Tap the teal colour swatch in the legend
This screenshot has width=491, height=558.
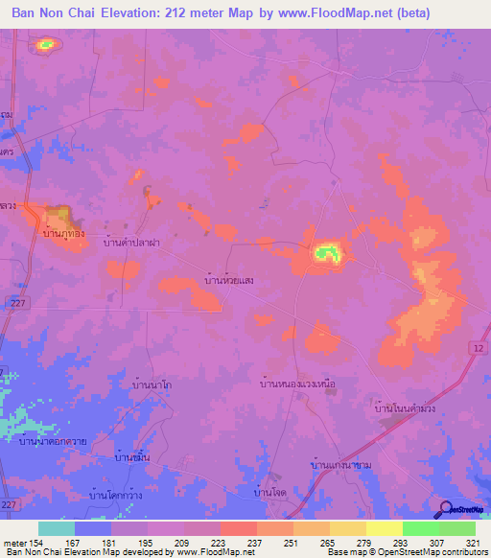tap(56, 528)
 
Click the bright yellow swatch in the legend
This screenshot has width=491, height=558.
tap(384, 528)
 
